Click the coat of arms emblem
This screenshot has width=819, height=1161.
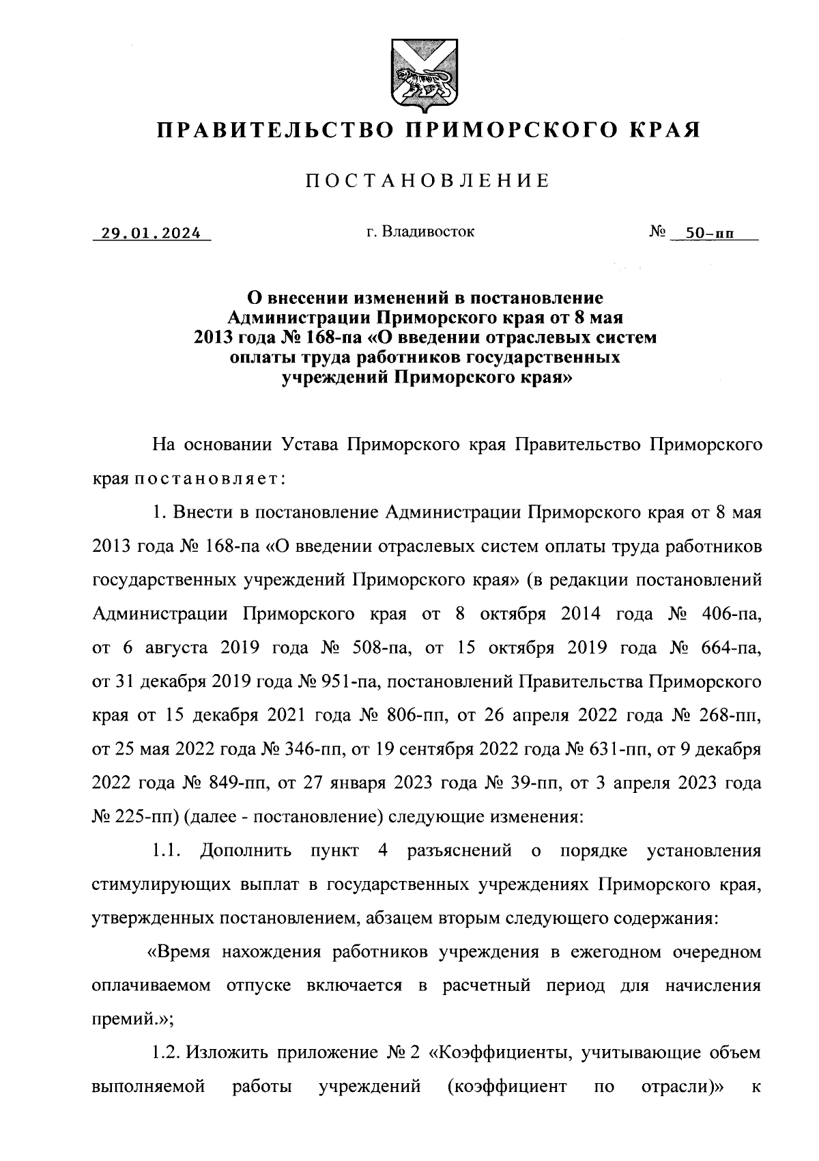point(418,74)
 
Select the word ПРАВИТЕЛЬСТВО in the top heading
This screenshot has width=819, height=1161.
point(273,129)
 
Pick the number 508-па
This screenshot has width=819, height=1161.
point(370,648)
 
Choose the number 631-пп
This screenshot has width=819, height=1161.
point(611,749)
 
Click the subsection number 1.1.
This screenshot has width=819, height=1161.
point(165,851)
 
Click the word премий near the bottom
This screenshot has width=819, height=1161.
point(124,1020)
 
